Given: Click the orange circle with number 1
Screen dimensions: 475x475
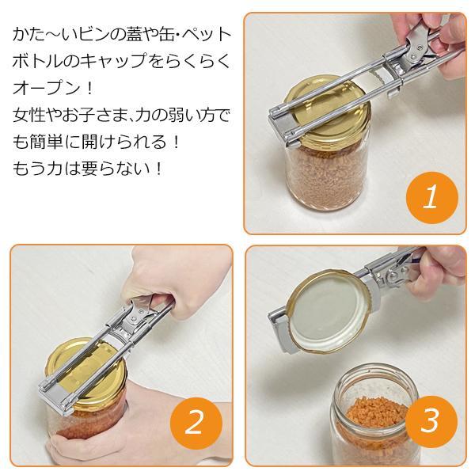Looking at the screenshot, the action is click(x=432, y=198).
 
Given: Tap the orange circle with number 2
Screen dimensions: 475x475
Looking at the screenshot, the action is click(x=196, y=424).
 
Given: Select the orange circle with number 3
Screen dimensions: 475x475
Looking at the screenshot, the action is click(x=431, y=422).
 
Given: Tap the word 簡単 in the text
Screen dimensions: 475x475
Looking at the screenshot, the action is click(x=46, y=142).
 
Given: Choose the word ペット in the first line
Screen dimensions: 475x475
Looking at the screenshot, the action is click(x=207, y=34).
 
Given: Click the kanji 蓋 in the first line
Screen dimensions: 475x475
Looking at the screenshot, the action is click(x=129, y=34).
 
